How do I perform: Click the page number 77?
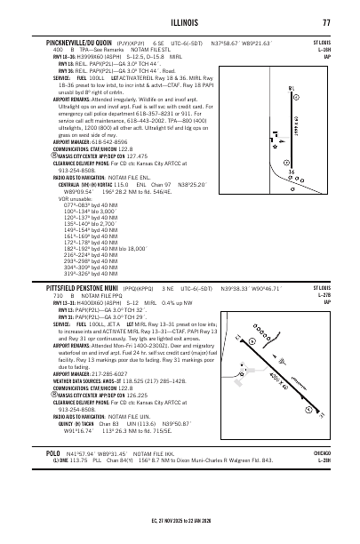point(327,22)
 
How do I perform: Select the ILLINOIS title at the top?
point(180,22)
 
